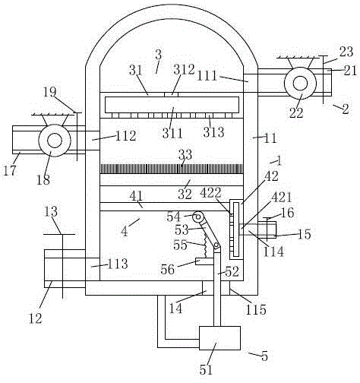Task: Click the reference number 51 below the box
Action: coord(205,370)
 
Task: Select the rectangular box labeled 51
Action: coord(219,338)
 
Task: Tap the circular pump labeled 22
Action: coord(300,84)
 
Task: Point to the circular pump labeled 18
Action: coord(55,141)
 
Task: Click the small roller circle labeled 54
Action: coord(198,217)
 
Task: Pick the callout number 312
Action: coord(184,69)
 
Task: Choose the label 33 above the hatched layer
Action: coord(185,154)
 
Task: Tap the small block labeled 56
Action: coord(204,261)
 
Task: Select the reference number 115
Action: coord(256,309)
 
